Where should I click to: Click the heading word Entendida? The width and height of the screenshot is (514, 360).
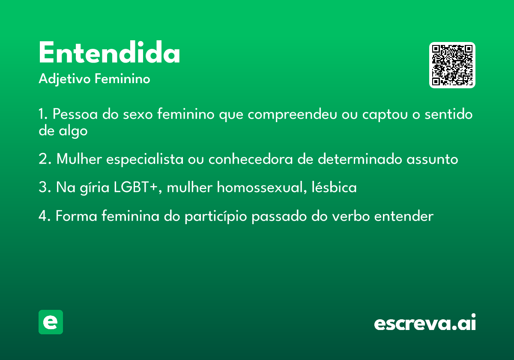pos(110,52)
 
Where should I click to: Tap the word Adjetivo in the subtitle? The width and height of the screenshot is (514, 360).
pos(65,79)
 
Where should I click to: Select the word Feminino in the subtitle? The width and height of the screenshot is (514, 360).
pos(123,78)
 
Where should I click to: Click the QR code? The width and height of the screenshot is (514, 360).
pos(452,65)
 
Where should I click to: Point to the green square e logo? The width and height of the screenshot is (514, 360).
pos(51,322)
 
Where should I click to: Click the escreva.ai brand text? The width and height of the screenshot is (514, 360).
pos(425,322)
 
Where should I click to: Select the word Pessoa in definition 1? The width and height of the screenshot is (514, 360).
pos(75,114)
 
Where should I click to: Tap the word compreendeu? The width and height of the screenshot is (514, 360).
pos(292,114)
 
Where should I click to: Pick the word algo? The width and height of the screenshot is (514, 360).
pos(73,131)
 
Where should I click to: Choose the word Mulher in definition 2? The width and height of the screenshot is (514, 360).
pos(79,159)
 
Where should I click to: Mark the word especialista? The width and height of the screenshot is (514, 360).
pos(145,159)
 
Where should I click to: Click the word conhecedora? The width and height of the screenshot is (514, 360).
pos(251,159)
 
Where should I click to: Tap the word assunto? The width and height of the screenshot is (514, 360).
pos(432,159)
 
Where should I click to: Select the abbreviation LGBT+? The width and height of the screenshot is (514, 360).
pos(136,187)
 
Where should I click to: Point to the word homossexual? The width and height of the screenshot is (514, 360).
pos(260,187)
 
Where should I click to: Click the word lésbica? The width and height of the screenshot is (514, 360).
pos(334,187)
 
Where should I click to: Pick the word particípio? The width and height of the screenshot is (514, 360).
pos(216,216)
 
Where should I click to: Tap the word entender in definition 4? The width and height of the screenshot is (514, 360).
pos(404,216)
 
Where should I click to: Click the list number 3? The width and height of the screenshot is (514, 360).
pos(43,187)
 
